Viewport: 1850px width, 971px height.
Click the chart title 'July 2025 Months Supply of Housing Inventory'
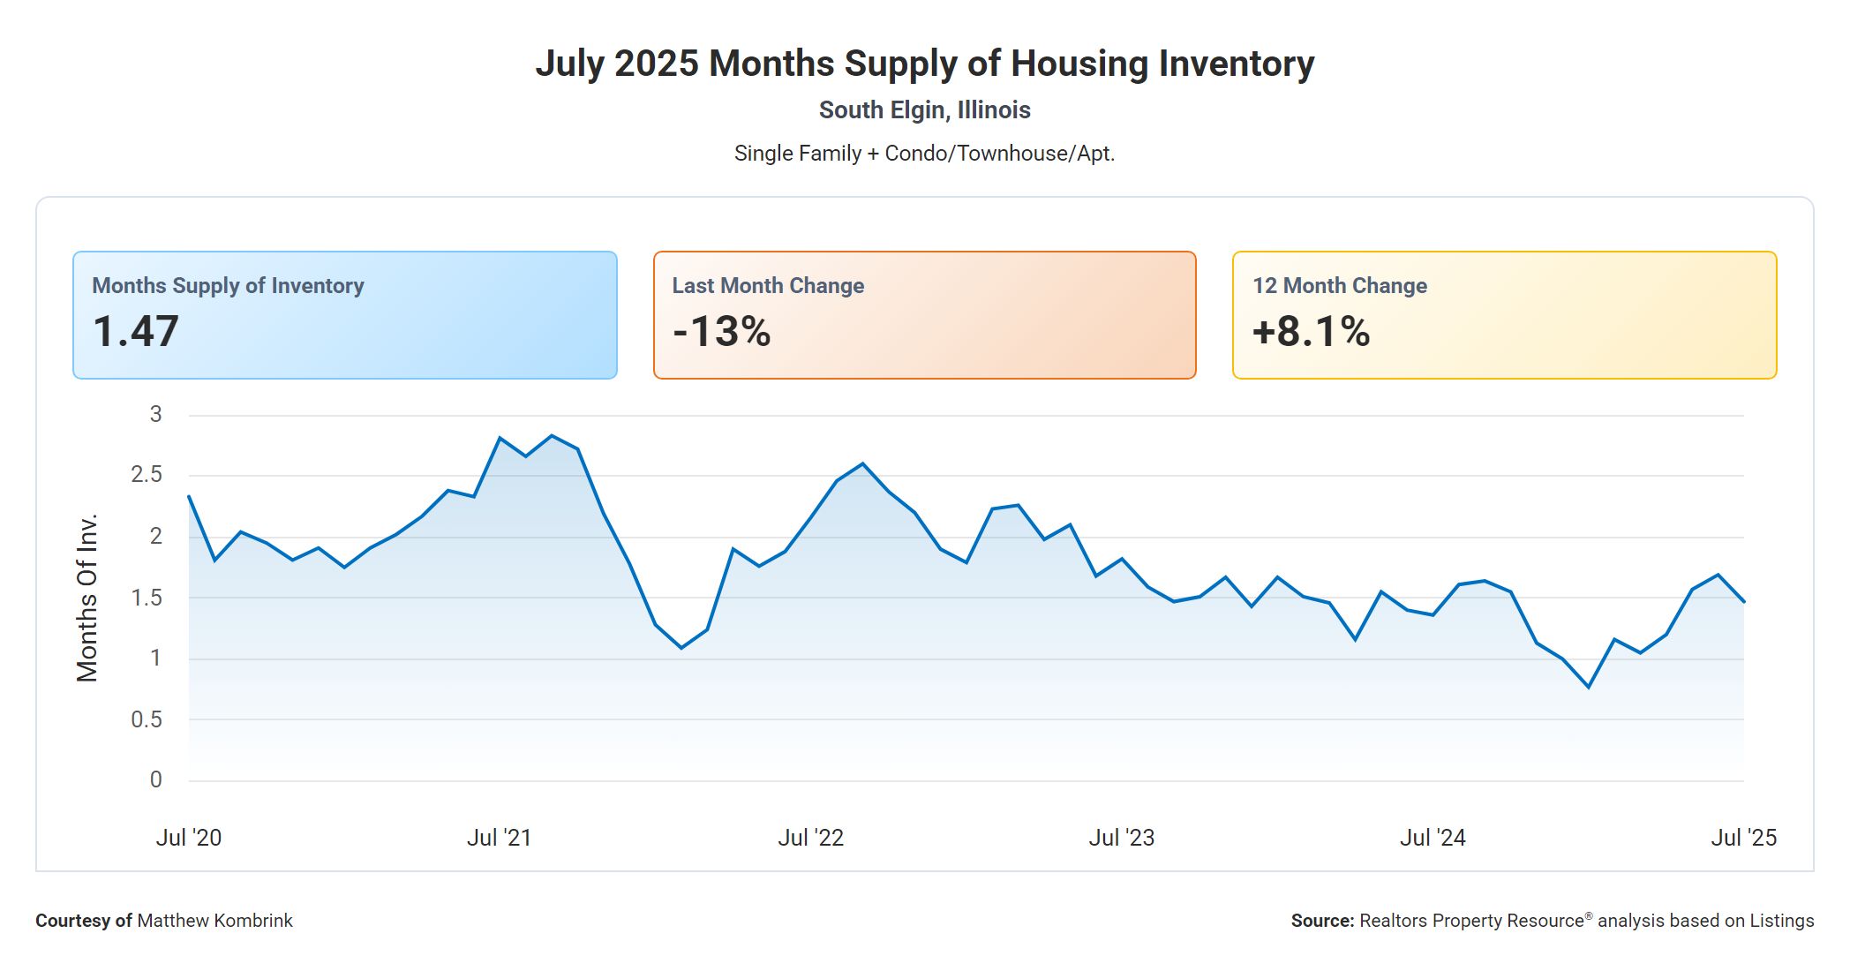tap(924, 64)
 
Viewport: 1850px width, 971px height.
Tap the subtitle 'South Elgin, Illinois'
tap(924, 110)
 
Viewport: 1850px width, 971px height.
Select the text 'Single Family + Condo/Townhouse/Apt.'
tap(924, 154)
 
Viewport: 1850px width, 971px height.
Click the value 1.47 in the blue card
tap(136, 332)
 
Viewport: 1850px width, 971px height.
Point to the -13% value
tap(721, 332)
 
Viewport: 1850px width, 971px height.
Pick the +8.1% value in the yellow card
tap(1311, 332)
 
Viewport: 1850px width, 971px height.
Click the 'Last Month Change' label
tap(768, 286)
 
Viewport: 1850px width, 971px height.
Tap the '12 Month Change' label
tap(1339, 286)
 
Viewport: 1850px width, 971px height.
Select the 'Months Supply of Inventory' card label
tap(228, 286)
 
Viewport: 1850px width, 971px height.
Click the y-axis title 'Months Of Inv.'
tap(86, 598)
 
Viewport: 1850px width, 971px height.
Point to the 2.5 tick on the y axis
tap(147, 475)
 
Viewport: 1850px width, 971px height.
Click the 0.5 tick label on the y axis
tap(147, 719)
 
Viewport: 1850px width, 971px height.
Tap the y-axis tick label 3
tap(156, 414)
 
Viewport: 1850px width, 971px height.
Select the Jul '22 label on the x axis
tap(810, 838)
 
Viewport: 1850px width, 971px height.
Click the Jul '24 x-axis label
tap(1433, 838)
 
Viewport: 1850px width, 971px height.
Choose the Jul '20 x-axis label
tap(189, 838)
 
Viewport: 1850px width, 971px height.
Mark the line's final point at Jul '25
tap(1743, 602)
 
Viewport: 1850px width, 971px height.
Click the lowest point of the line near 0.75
tap(1589, 687)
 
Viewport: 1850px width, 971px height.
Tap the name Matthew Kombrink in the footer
tap(214, 921)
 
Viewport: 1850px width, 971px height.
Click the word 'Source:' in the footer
tap(1322, 921)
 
